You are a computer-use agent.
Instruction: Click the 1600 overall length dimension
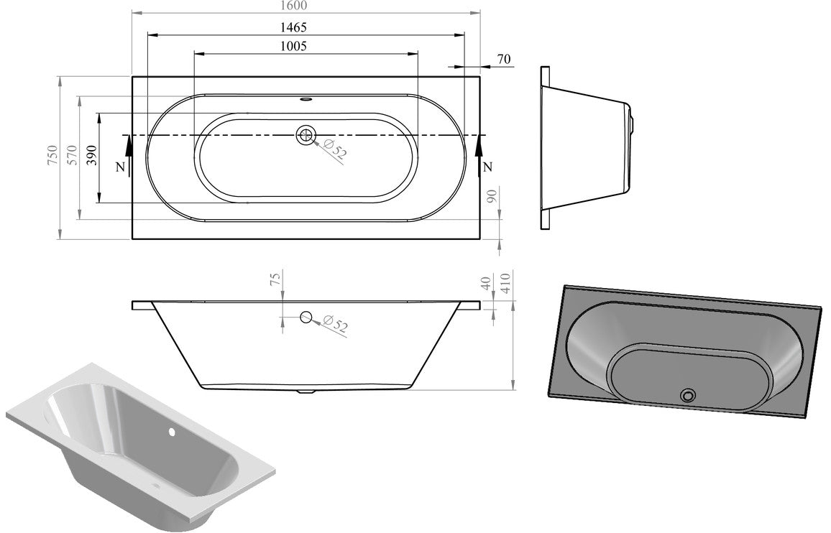(x=293, y=6)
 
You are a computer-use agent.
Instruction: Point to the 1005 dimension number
(x=293, y=47)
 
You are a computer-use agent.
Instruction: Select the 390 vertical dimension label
(x=91, y=157)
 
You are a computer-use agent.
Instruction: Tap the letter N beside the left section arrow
(x=120, y=167)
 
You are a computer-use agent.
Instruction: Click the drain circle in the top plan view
(x=306, y=134)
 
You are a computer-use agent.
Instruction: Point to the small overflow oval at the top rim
(x=306, y=100)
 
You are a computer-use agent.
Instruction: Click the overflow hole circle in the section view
(x=306, y=317)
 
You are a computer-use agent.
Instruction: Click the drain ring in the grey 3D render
(x=689, y=394)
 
